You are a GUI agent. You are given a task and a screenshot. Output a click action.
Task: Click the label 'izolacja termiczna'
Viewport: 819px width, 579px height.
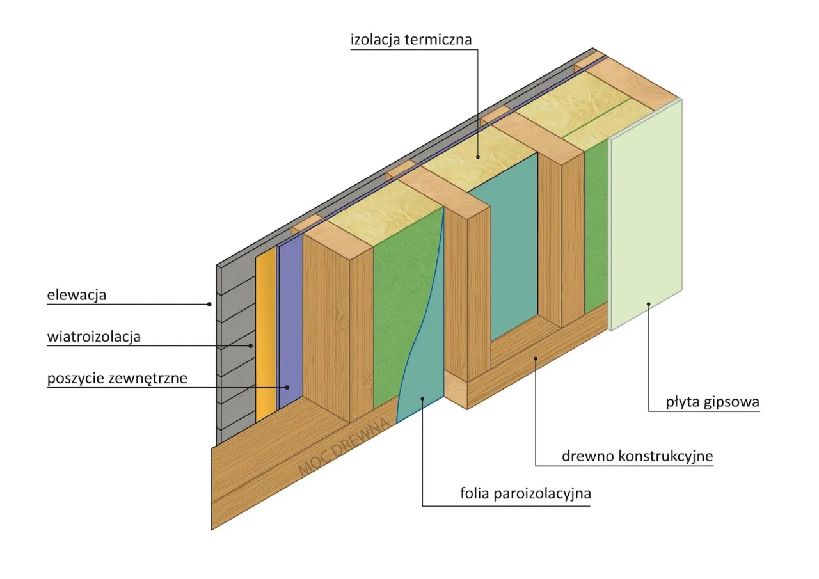(x=411, y=40)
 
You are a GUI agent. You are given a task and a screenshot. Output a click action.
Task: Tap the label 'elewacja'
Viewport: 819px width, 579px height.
(x=76, y=296)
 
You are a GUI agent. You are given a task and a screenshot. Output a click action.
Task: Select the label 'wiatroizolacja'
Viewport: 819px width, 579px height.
(x=93, y=337)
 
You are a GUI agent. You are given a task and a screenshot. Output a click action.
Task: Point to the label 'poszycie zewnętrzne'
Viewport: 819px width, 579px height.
(x=117, y=378)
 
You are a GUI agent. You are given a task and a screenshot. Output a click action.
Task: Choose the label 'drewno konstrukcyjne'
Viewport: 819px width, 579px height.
(x=637, y=456)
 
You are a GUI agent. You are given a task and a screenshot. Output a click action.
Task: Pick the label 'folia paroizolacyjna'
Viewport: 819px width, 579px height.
(x=525, y=494)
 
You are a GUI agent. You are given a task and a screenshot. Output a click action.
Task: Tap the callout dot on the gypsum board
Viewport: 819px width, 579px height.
(x=648, y=304)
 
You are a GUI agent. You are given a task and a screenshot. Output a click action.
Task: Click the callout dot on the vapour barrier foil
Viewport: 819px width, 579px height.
(x=423, y=399)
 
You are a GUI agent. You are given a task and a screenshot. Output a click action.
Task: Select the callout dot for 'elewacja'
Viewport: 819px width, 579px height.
(x=209, y=304)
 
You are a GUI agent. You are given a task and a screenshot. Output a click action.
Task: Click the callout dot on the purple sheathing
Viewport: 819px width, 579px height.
(x=288, y=386)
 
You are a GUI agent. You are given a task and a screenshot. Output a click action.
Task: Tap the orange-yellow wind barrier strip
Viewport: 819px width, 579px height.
(x=266, y=333)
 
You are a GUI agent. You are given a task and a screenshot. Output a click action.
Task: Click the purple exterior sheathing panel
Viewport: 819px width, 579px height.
(x=289, y=320)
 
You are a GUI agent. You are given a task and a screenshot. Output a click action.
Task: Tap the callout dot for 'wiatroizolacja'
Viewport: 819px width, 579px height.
(x=251, y=345)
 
